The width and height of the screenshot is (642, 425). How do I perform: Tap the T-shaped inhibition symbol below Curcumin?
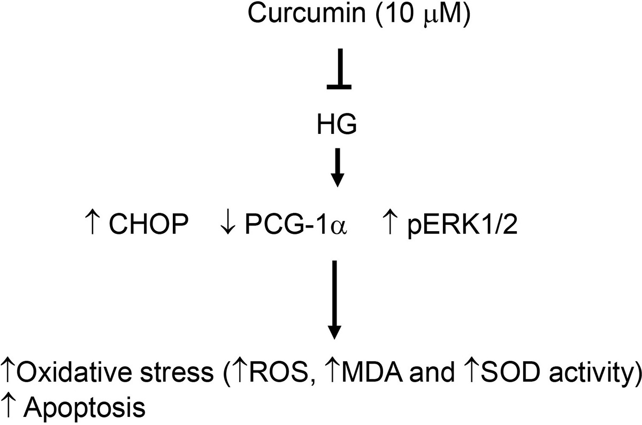tap(339, 69)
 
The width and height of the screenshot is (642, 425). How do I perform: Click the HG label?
tap(337, 124)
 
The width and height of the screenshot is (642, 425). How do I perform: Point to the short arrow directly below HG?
tap(338, 168)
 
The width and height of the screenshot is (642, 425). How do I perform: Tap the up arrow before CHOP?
tap(92, 223)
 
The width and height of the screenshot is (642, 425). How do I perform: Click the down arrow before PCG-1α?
tap(228, 224)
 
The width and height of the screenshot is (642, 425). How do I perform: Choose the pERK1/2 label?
tap(463, 225)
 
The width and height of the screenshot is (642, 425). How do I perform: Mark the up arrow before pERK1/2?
tap(390, 223)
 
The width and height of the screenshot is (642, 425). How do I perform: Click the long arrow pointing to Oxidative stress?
tap(334, 300)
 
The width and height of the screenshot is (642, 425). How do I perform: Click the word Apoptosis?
tap(85, 408)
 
